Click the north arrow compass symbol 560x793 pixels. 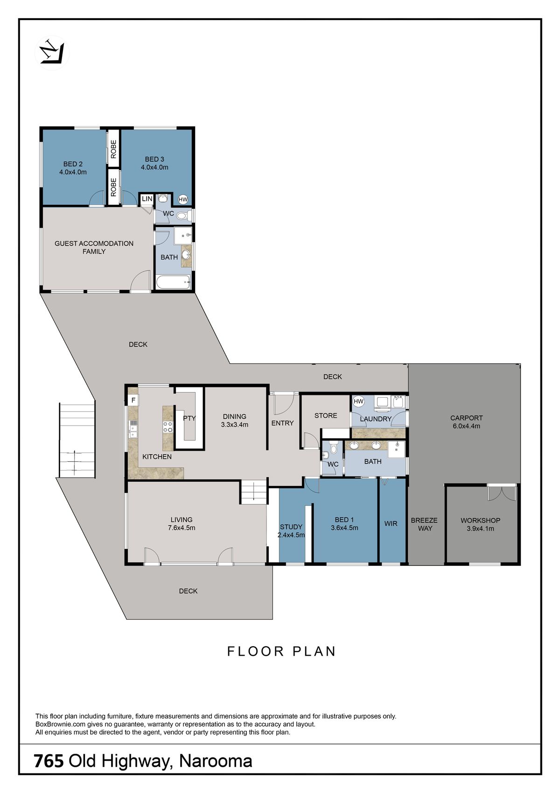pyautogui.click(x=52, y=53)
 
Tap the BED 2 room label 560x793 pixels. pyautogui.click(x=73, y=164)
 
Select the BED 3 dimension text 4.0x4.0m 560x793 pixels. pyautogui.click(x=154, y=167)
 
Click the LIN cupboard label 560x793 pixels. pyautogui.click(x=147, y=199)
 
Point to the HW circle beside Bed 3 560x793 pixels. pyautogui.click(x=183, y=200)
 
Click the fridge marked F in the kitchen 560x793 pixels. pyautogui.click(x=133, y=401)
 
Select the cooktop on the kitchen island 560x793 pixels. pyautogui.click(x=168, y=427)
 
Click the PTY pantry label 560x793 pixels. pyautogui.click(x=189, y=418)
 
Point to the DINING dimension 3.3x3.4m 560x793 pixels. pyautogui.click(x=234, y=425)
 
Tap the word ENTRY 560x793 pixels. pyautogui.click(x=282, y=423)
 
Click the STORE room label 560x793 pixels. pyautogui.click(x=326, y=415)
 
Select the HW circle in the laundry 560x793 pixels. pyautogui.click(x=358, y=401)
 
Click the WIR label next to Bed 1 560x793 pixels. pyautogui.click(x=391, y=523)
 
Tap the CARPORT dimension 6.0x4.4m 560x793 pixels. pyautogui.click(x=466, y=426)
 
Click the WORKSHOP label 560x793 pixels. pyautogui.click(x=480, y=521)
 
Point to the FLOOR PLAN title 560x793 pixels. pyautogui.click(x=281, y=651)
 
